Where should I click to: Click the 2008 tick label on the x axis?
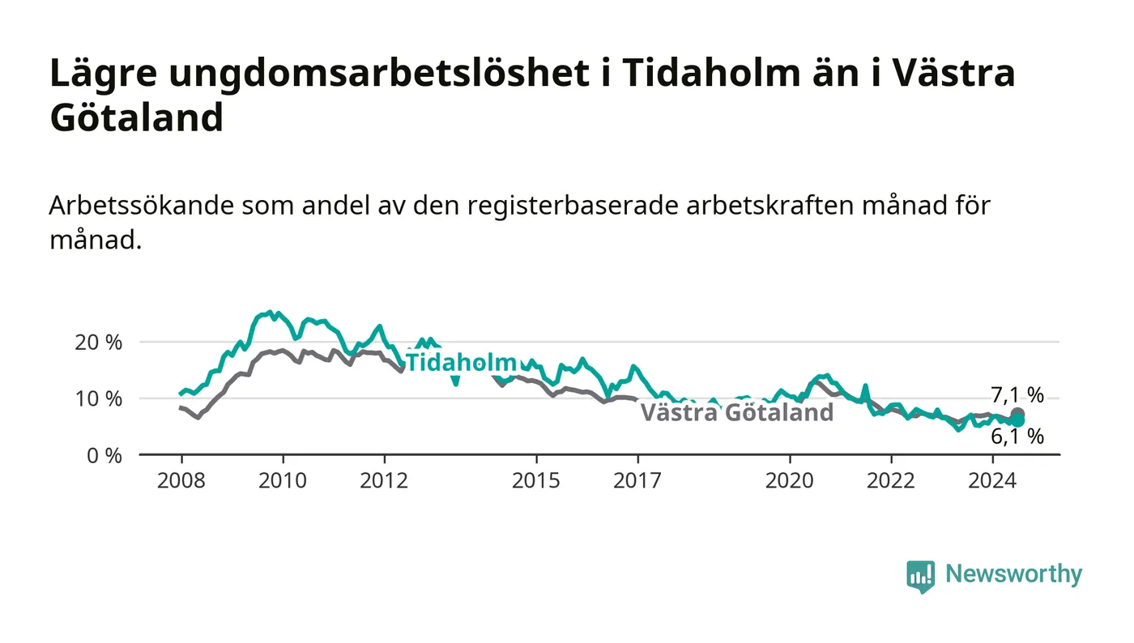tap(181, 480)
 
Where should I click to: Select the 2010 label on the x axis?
tap(283, 480)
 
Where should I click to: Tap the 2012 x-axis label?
tap(384, 480)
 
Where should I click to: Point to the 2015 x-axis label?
tap(536, 480)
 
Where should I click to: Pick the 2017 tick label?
tap(637, 480)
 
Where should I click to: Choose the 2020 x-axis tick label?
tap(790, 480)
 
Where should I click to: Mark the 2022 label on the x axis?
tap(891, 480)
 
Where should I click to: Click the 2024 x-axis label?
tap(992, 480)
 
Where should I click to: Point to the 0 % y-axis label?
tap(104, 456)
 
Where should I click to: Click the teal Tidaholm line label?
tap(461, 363)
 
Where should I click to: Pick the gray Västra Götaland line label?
tap(737, 412)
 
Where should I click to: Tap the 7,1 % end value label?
tap(1017, 395)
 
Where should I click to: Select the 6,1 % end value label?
tap(1017, 436)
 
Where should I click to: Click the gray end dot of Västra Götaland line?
tap(1017, 414)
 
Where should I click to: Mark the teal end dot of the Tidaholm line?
tap(1017, 421)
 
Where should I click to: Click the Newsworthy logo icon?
tap(921, 576)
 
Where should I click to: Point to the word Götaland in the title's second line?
tap(137, 117)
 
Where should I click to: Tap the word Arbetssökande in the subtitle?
tap(141, 206)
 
